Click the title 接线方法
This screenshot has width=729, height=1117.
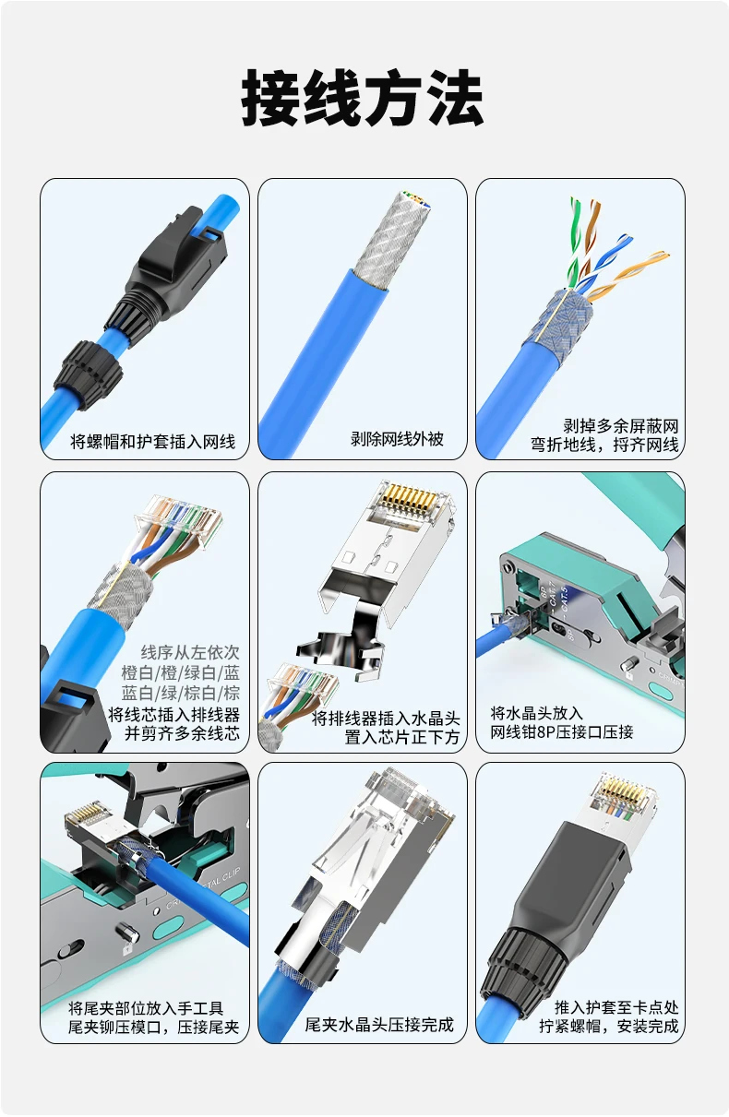(x=362, y=98)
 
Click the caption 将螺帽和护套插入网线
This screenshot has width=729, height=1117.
(x=152, y=441)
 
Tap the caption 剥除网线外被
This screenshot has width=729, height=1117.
(x=397, y=438)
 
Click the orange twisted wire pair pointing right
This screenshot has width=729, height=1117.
(x=628, y=274)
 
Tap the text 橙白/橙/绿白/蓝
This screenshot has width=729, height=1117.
(x=180, y=672)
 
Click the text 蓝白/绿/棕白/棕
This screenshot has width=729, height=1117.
(x=180, y=693)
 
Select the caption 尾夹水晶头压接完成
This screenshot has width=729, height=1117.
(x=379, y=1024)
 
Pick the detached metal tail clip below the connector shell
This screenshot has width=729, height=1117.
(x=343, y=648)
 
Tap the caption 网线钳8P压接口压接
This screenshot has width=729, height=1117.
(x=561, y=732)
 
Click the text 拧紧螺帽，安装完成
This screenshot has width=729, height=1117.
(x=608, y=1026)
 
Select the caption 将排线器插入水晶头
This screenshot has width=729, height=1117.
(x=386, y=719)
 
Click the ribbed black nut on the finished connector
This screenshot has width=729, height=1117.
(x=519, y=962)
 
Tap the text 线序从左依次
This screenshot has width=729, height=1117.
(x=190, y=652)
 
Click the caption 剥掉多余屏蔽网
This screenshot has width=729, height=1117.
(x=621, y=425)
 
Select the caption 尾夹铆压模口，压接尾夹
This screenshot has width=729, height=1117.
(x=154, y=1027)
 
